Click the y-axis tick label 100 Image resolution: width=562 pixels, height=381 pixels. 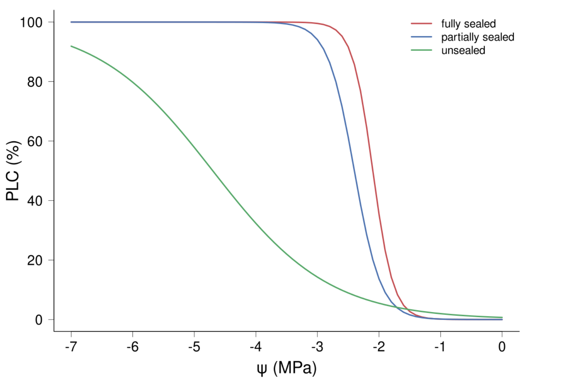tap(31, 23)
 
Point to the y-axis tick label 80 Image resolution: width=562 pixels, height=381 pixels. tap(35, 82)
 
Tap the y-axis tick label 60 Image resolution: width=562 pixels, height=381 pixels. tap(35, 141)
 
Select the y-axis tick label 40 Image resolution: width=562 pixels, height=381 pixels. tap(35, 201)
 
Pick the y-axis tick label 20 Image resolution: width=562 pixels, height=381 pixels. tap(35, 260)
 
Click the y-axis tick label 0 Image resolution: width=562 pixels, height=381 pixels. tap(38, 320)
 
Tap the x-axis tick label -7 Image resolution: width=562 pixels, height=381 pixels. tap(71, 346)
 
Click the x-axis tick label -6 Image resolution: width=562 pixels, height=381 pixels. tap(133, 346)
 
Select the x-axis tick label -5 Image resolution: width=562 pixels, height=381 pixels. tap(194, 346)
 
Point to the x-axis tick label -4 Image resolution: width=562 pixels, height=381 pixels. tap(256, 346)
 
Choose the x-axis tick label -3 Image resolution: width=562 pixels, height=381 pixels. tap(317, 346)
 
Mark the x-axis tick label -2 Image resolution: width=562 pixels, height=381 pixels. tap(379, 346)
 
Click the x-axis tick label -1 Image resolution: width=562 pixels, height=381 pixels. tap(440, 346)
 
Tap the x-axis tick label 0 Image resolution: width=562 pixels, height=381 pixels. tap(502, 346)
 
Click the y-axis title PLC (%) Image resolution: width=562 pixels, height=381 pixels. tap(13, 171)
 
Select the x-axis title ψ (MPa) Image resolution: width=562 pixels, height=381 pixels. tap(286, 368)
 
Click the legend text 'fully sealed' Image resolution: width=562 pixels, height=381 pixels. tap(468, 24)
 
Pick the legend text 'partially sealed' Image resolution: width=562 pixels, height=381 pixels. tap(478, 37)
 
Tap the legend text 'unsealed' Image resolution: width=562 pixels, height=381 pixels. tap(463, 50)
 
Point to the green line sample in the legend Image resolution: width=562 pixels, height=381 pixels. tap(421, 50)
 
